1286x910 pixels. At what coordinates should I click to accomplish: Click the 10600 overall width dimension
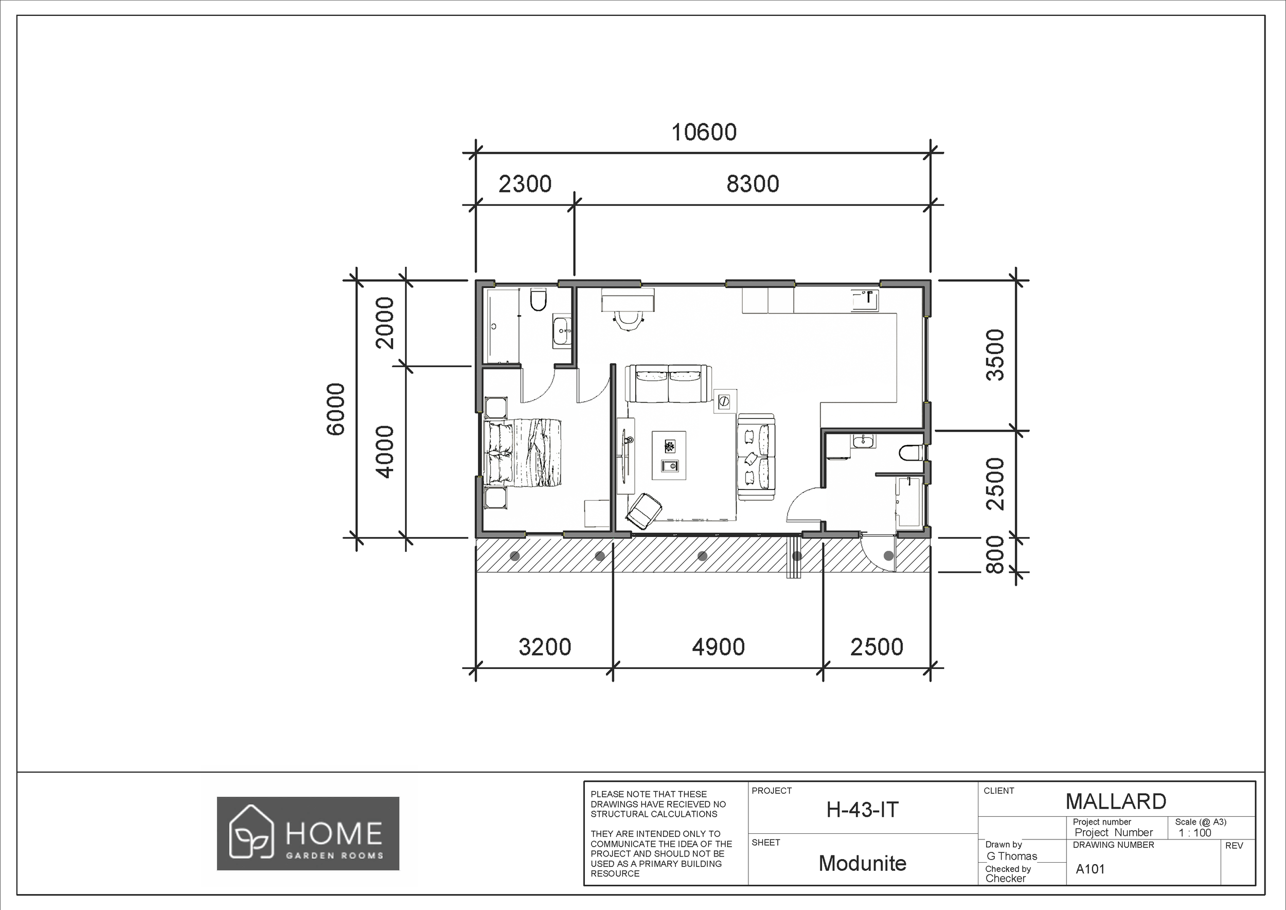(704, 133)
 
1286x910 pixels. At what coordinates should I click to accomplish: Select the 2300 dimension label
(525, 184)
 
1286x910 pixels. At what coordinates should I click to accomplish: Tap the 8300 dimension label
(752, 184)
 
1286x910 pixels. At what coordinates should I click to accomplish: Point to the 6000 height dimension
(335, 409)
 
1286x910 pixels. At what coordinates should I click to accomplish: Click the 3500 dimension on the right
(995, 355)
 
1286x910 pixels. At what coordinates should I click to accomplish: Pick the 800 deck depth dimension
(995, 554)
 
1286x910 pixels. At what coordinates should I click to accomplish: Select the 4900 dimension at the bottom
(718, 647)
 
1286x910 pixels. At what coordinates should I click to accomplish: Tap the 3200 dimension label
(544, 647)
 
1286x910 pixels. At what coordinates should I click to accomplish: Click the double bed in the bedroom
(524, 453)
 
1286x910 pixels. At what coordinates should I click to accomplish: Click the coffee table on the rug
(669, 455)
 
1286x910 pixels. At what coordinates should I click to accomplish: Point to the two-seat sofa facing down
(669, 384)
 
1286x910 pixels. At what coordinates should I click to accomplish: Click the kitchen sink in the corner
(865, 301)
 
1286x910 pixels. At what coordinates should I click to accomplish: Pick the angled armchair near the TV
(644, 511)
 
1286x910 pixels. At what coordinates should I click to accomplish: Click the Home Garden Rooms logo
(308, 833)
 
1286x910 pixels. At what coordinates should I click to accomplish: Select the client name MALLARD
(1115, 801)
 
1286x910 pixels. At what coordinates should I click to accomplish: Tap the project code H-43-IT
(862, 810)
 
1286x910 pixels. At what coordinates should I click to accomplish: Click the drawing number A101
(1090, 869)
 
